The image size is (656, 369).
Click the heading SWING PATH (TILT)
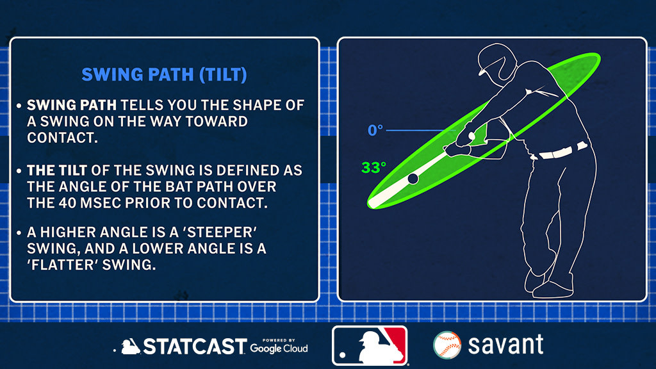[164, 75]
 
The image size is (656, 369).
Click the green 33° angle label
[373, 168]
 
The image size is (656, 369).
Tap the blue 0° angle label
[375, 131]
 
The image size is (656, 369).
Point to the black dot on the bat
[413, 179]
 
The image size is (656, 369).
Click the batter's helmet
[496, 61]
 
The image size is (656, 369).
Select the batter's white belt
[561, 151]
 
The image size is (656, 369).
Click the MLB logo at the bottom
[370, 345]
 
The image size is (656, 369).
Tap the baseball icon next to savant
[447, 345]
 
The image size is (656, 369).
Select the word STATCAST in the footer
[195, 347]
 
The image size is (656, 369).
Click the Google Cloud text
[279, 348]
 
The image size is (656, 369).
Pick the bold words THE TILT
[57, 170]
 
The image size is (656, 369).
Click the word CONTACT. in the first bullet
[62, 138]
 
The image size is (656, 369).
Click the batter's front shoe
[552, 289]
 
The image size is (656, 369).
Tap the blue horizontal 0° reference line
[420, 131]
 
